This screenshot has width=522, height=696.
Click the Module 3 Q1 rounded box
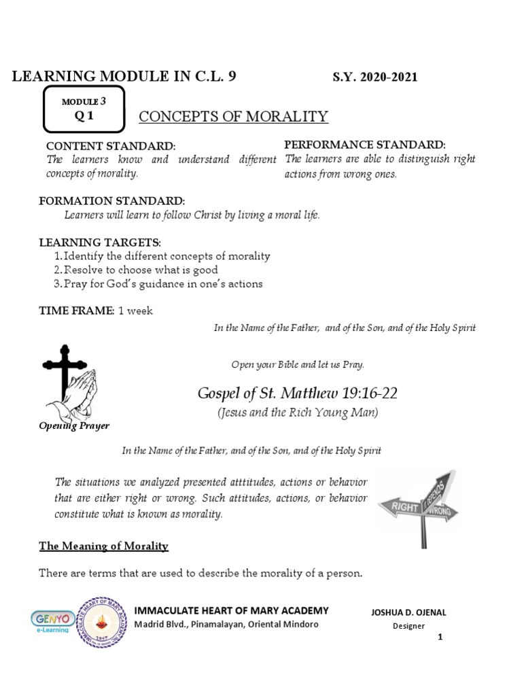pos(84,109)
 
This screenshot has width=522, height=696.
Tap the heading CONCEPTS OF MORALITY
pos(233,116)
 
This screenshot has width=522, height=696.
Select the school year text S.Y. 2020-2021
pos(375,77)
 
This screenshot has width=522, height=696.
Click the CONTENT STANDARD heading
pos(110,147)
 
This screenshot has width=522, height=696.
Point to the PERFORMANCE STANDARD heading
pos(364,145)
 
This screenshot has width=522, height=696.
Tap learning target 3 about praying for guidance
pos(163,283)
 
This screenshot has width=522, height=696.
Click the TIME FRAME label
pos(76,311)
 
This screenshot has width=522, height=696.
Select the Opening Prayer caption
pos(74,426)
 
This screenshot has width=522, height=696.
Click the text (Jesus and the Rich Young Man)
pos(298,412)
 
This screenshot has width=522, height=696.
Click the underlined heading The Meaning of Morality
pos(103,546)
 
